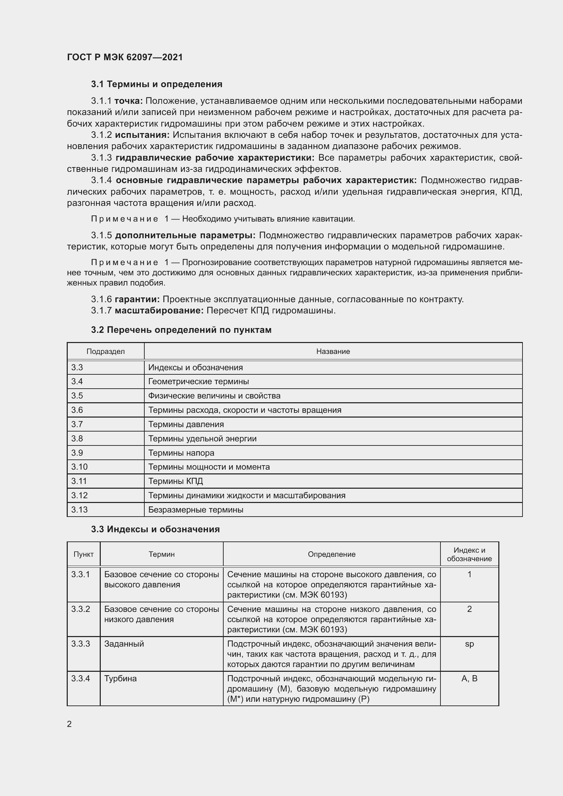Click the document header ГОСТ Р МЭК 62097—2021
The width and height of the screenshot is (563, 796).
(125, 57)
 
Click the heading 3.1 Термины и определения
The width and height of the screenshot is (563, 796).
(157, 84)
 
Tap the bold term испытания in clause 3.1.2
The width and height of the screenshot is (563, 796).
(143, 135)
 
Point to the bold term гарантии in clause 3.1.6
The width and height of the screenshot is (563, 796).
(137, 299)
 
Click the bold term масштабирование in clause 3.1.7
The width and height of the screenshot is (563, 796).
(159, 310)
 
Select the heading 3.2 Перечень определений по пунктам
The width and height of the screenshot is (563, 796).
(181, 330)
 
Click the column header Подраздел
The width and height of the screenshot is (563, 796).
(106, 352)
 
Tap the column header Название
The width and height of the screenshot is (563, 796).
(333, 352)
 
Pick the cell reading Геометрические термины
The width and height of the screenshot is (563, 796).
(199, 381)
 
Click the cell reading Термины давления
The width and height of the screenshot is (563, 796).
(186, 424)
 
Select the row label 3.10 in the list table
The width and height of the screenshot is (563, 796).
(79, 467)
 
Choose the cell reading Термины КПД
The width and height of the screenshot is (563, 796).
(175, 481)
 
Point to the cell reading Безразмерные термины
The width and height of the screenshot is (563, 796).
(196, 510)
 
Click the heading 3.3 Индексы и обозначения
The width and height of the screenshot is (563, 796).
(155, 530)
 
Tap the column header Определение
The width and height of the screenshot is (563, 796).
(332, 554)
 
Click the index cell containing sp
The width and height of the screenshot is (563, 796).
(469, 644)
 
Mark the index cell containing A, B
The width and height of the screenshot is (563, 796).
(469, 679)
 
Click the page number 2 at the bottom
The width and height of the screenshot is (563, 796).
(69, 724)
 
